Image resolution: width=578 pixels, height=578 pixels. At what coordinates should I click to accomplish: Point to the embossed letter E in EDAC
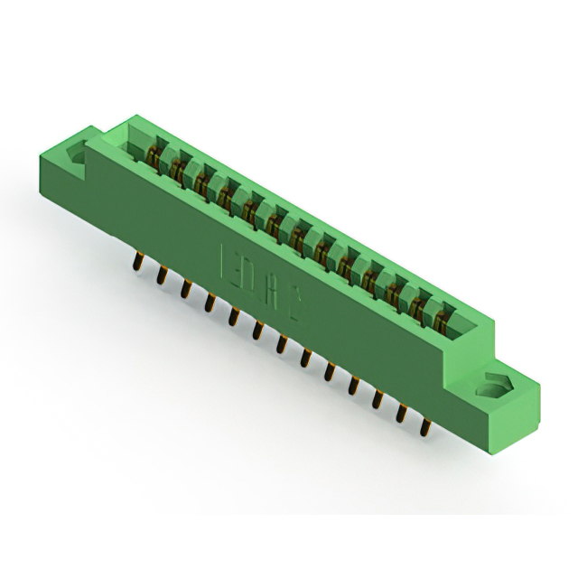229,257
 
